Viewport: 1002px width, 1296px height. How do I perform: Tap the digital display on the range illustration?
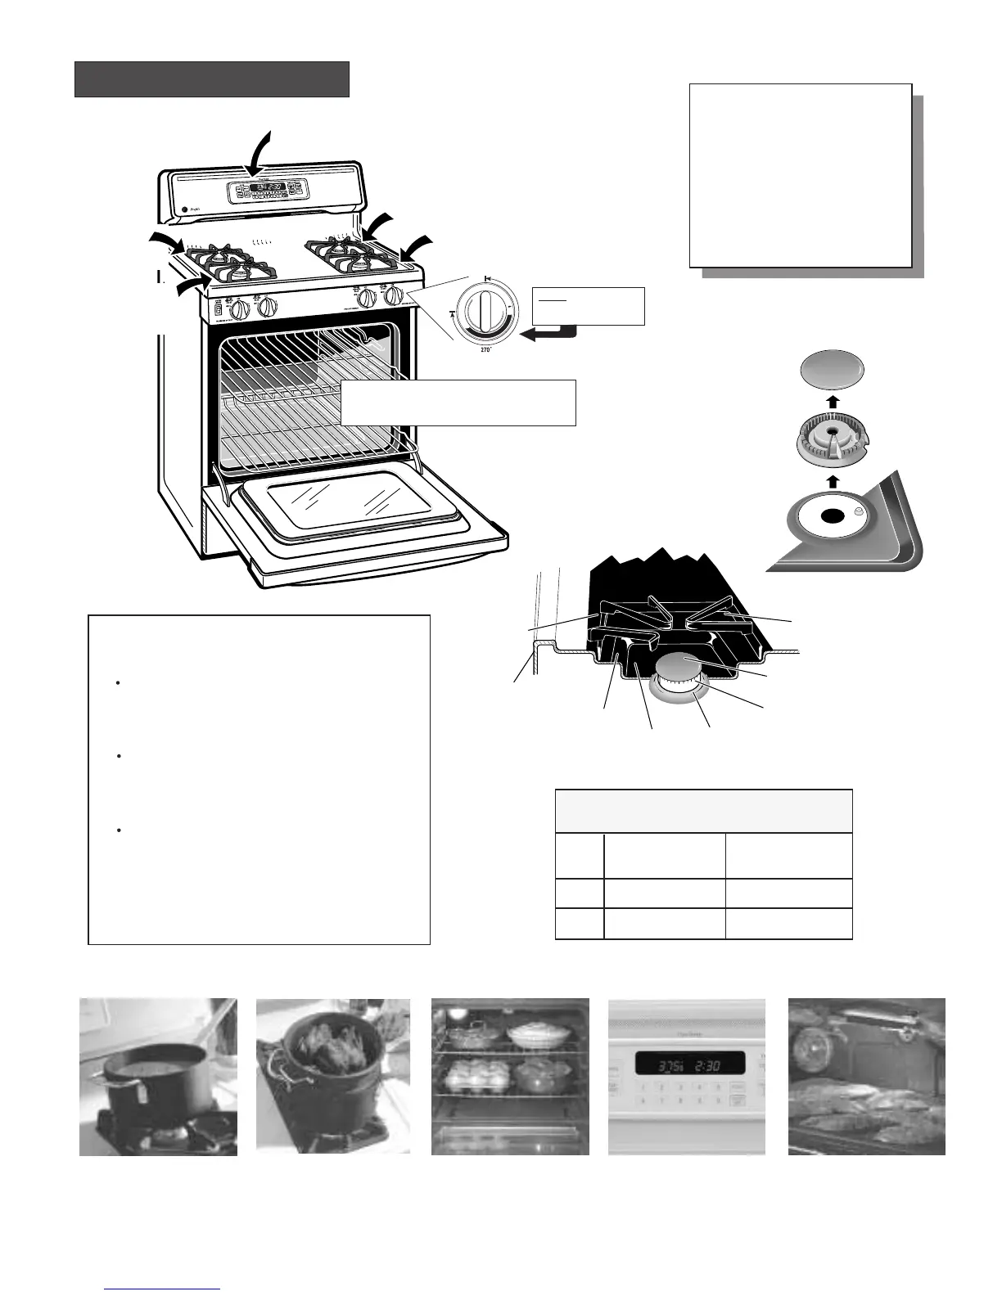pyautogui.click(x=268, y=187)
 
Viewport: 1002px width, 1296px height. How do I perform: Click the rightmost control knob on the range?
pyautogui.click(x=393, y=296)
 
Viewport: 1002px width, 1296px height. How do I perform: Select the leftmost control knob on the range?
pyautogui.click(x=240, y=310)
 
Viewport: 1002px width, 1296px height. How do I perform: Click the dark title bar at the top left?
pyautogui.click(x=212, y=79)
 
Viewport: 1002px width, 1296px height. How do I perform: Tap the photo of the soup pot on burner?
pyautogui.click(x=158, y=1077)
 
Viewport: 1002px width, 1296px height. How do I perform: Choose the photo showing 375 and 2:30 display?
pyautogui.click(x=687, y=1077)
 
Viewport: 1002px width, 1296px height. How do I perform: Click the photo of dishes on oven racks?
pyautogui.click(x=510, y=1077)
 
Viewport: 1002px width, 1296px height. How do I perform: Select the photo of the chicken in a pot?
pyautogui.click(x=333, y=1077)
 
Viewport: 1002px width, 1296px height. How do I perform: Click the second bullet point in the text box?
pyautogui.click(x=120, y=757)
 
